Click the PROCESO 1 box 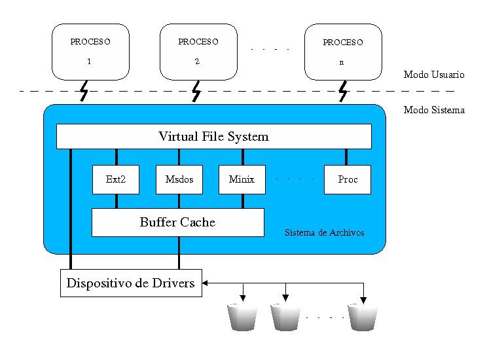point(90,52)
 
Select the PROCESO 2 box point(198,52)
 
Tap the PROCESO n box point(343,52)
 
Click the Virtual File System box point(213,136)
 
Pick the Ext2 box point(116,179)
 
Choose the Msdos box point(179,179)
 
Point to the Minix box point(242,179)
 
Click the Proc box point(347,179)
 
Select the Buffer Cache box point(177,223)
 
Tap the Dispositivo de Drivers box point(131,283)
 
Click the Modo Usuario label point(434,75)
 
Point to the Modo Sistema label point(434,110)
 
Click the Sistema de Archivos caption point(325,232)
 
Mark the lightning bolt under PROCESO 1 point(84,92)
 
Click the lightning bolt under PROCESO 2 point(196,92)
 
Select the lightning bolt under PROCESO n point(342,92)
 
